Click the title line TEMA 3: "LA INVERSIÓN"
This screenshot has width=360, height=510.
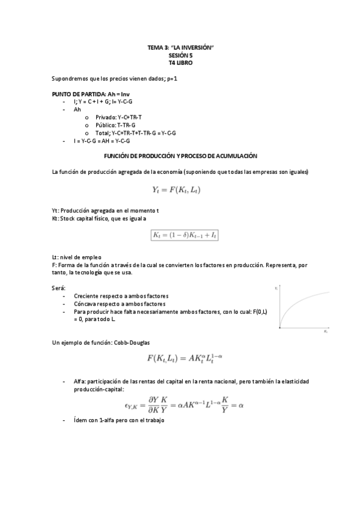180,47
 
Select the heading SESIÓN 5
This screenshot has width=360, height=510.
180,55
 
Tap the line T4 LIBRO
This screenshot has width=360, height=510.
180,62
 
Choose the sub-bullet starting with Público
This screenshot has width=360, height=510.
115,125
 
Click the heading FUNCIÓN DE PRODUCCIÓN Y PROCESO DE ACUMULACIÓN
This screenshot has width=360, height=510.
180,156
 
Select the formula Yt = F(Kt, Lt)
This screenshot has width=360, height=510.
180,190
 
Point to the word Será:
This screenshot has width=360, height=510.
59,288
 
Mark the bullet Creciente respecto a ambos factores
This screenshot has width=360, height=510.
121,296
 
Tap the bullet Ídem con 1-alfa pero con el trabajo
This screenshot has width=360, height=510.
119,420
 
